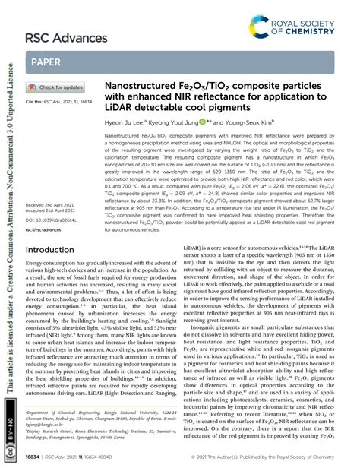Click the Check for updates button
click(x=56, y=87)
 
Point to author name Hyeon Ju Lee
click(x=125, y=120)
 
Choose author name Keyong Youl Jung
click(x=173, y=120)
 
